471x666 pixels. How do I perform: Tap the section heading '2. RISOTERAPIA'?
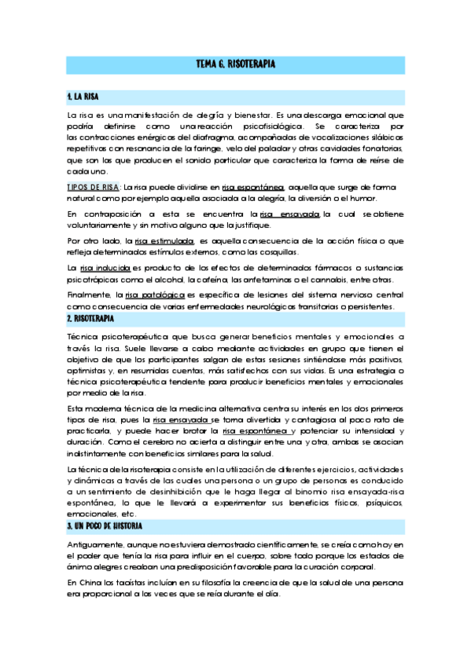click(x=90, y=319)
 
